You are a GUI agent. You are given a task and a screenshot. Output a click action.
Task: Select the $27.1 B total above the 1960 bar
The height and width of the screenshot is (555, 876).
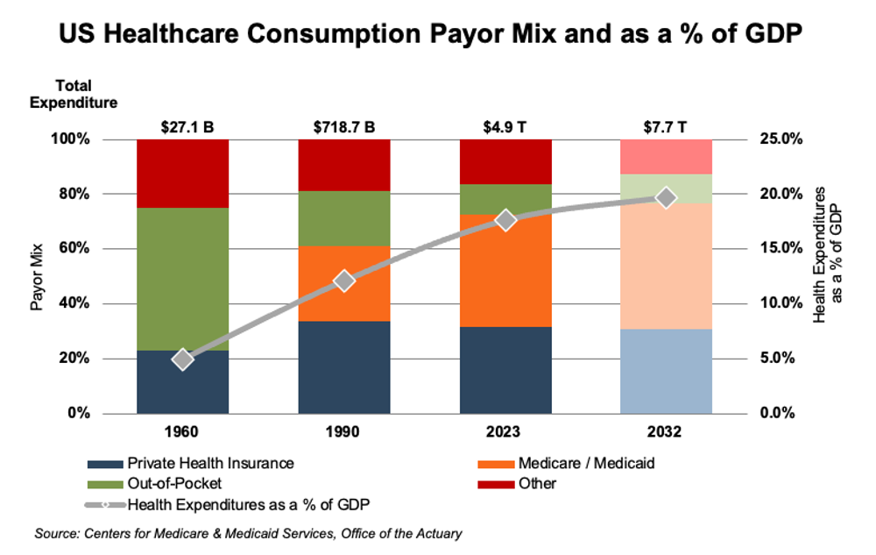coord(182,126)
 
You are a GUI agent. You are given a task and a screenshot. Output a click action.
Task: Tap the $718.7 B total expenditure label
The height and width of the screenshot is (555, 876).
coord(344,126)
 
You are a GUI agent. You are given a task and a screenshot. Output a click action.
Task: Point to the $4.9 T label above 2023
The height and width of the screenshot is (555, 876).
coord(505,126)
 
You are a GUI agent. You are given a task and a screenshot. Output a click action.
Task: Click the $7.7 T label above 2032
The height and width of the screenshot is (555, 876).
coord(666,126)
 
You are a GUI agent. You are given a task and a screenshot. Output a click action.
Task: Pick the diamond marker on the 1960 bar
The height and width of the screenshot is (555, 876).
coord(182,359)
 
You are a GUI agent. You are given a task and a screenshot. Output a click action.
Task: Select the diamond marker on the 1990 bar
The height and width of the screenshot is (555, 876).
coord(344,281)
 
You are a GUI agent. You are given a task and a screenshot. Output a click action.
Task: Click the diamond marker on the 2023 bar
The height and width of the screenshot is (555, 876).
coord(505,220)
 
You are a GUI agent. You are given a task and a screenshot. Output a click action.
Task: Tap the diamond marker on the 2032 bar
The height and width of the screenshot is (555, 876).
coord(666,198)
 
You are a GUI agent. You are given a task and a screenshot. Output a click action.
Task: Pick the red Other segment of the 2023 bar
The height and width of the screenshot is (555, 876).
coord(505,161)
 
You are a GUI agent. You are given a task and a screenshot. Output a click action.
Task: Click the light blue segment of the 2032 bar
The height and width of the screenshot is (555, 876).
coord(666,371)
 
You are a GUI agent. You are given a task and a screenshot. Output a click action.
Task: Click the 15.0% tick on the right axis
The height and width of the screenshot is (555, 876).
coord(773,249)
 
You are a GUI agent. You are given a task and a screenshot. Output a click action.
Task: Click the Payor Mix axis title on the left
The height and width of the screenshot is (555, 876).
coord(38,276)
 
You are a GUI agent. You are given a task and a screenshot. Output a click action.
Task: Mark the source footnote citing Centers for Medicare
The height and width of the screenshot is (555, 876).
coord(247,533)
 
